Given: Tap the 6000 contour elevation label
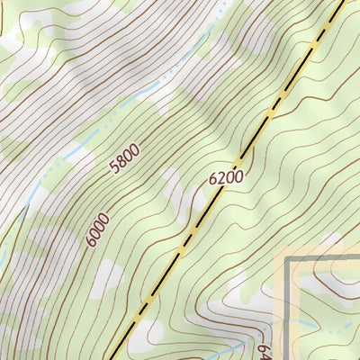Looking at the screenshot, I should point(98,229).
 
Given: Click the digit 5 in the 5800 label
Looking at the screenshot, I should point(113,169).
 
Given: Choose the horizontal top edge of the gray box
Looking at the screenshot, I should point(324,260).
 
